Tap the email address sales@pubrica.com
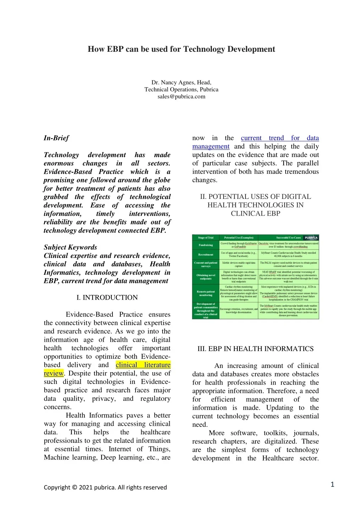pyautogui.click(x=181, y=96)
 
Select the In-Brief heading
pyautogui.click(x=56, y=138)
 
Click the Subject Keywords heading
pyautogui.click(x=70, y=247)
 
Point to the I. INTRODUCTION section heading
pyautogui.click(x=107, y=297)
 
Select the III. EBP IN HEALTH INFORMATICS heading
pyautogui.click(x=255, y=348)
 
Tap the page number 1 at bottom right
pyautogui.click(x=332, y=484)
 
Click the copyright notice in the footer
pyautogui.click(x=105, y=487)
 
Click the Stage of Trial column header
pyautogui.click(x=206, y=238)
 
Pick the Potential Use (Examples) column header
pyautogui.click(x=239, y=238)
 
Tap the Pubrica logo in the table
pyautogui.click(x=311, y=238)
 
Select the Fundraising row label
pyautogui.click(x=206, y=245)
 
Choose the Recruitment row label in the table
pyautogui.click(x=206, y=255)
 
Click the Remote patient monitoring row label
pyautogui.click(x=206, y=293)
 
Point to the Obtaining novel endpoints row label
pyautogui.click(x=206, y=277)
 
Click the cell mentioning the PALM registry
pyautogui.click(x=288, y=264)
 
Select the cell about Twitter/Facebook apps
pyautogui.click(x=239, y=255)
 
